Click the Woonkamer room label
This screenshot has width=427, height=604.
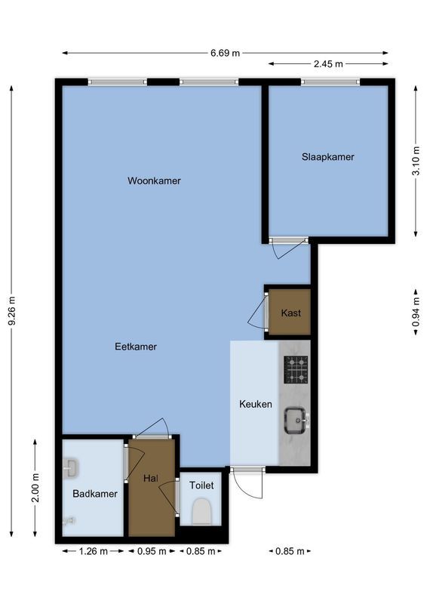point(154,180)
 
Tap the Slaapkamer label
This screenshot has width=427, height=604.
point(327,157)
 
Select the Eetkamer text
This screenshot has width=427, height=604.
point(136,347)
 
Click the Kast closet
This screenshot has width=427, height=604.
point(290,313)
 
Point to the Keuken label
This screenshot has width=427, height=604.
point(255,404)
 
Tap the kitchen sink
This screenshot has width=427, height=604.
point(294,419)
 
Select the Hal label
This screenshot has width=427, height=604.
point(150,478)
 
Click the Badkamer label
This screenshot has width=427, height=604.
point(95,494)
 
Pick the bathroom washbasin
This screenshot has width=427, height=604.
point(71,469)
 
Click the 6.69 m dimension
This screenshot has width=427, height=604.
point(225,53)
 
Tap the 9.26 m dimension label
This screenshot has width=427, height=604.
point(12,310)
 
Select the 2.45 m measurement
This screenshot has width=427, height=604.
point(328,64)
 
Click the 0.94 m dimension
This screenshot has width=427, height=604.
point(416,313)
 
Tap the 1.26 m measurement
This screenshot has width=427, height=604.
point(94,551)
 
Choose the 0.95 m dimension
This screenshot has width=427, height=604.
point(152,551)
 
